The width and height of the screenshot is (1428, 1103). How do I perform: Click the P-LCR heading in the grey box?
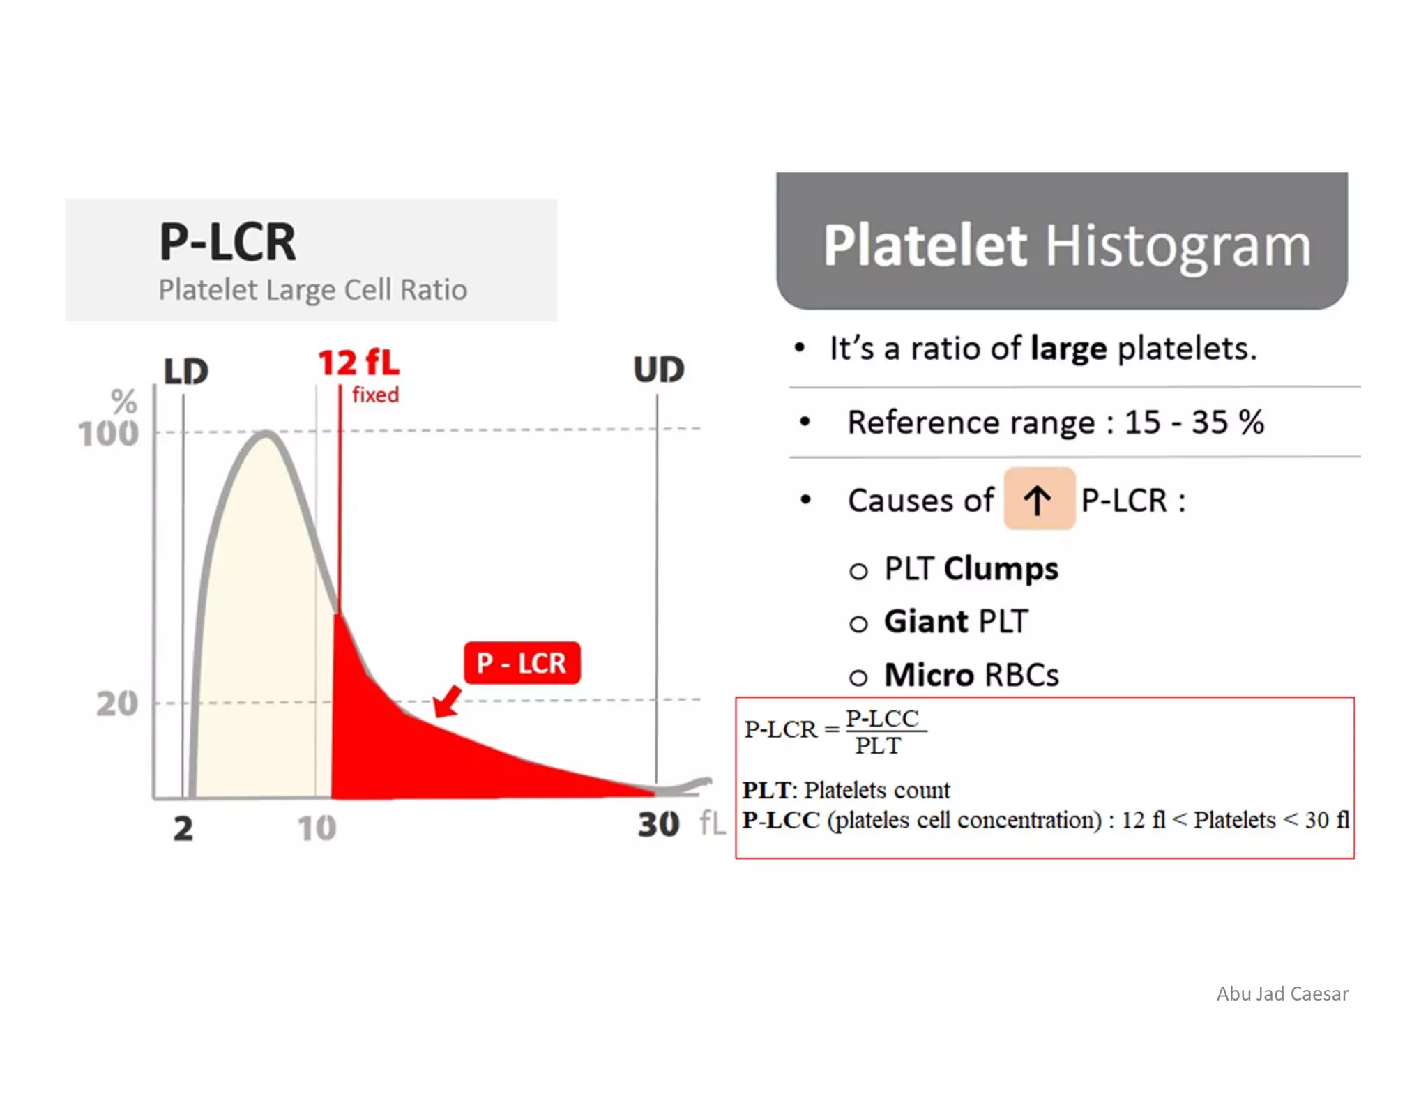[x=227, y=242]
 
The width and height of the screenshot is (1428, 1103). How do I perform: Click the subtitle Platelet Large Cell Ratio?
[x=312, y=289]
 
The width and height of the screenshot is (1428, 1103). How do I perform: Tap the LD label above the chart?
[x=185, y=371]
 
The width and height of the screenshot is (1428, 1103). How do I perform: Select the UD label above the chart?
[x=658, y=369]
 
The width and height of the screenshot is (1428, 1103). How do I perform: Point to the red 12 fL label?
[x=359, y=363]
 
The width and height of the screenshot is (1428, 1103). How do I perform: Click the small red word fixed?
[x=375, y=395]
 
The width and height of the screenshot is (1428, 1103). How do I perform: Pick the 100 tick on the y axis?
[x=108, y=434]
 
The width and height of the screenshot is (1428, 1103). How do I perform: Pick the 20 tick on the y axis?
[x=117, y=703]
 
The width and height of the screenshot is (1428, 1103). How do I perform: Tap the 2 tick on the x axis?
[x=183, y=828]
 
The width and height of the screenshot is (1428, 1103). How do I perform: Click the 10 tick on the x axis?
[x=317, y=828]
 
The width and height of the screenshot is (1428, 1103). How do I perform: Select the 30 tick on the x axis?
[x=658, y=825]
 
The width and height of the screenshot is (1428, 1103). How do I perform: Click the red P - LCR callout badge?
[x=522, y=662]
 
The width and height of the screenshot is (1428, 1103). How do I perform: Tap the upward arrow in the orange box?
[x=1038, y=500]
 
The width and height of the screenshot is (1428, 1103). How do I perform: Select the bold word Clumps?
[x=1001, y=568]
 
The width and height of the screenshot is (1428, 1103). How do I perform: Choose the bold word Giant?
[x=926, y=621]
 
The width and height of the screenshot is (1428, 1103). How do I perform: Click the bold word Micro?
[x=929, y=675]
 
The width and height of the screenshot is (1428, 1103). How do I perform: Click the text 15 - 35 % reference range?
[x=1193, y=422]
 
